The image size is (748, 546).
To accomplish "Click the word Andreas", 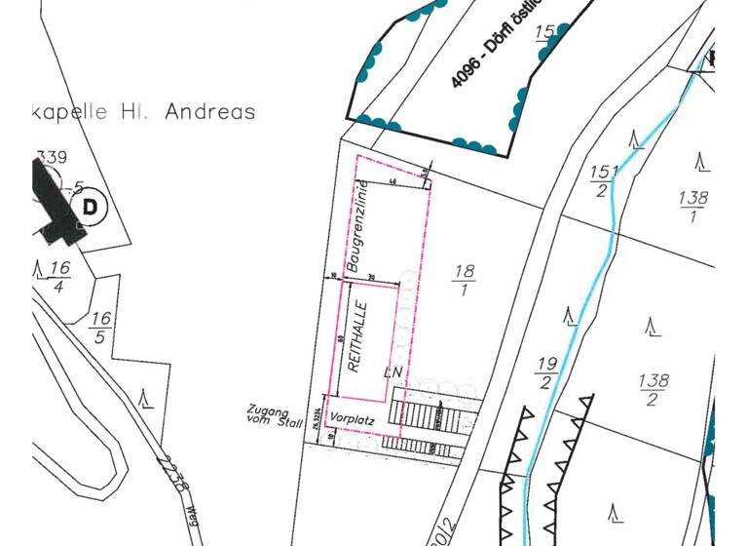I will click(x=210, y=112).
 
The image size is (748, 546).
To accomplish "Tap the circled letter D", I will click(x=92, y=207).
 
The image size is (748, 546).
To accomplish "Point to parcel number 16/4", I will click(x=59, y=276).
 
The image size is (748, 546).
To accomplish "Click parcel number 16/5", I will click(x=100, y=328).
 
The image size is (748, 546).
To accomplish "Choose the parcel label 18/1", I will click(x=463, y=280).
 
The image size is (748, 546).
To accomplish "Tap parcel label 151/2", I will click(x=603, y=180).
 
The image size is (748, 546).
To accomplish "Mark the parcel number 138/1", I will click(x=692, y=207).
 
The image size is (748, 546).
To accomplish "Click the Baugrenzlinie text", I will click(x=357, y=226).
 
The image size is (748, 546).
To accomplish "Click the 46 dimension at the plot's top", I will click(x=392, y=181).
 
